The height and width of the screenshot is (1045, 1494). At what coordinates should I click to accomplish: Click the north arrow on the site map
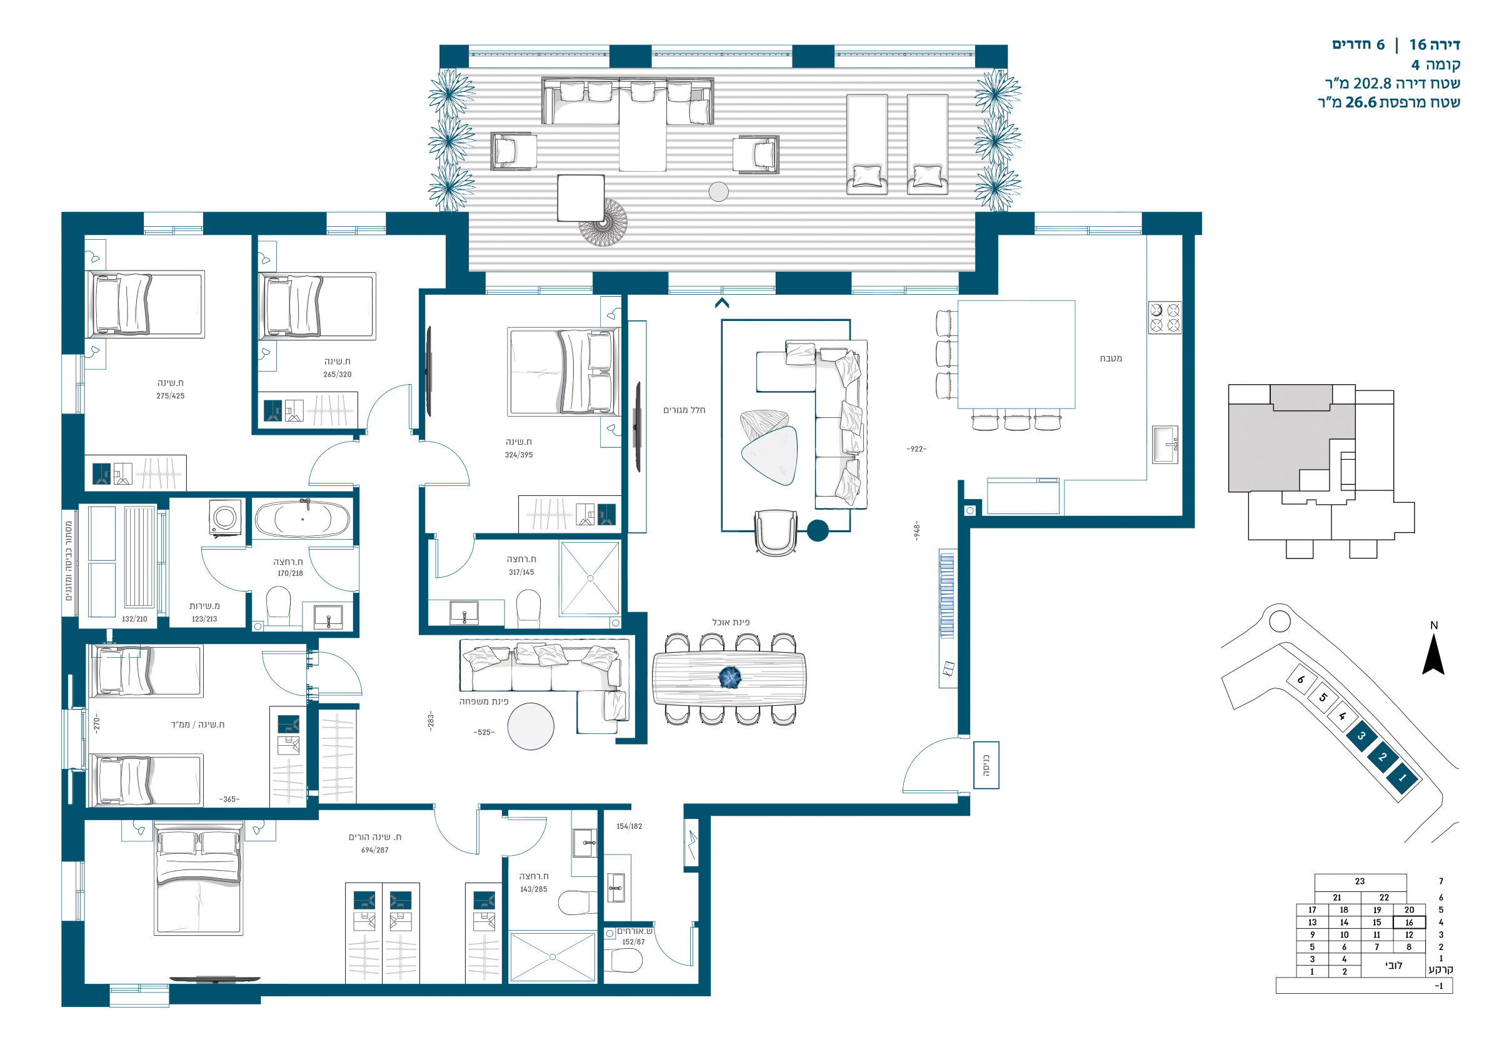[x=1433, y=655]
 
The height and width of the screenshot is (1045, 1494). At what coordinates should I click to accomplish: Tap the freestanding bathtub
[x=302, y=518]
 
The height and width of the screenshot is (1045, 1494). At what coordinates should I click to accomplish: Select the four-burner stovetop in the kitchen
[x=1165, y=317]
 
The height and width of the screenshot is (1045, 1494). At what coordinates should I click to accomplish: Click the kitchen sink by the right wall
[x=1165, y=444]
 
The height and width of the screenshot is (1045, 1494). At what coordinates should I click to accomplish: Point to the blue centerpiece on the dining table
[x=729, y=677]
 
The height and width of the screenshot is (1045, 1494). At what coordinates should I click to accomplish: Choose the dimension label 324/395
[x=519, y=455]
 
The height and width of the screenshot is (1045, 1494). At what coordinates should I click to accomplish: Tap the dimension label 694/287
[x=375, y=850]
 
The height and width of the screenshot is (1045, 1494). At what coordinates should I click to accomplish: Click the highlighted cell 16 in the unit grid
[x=1409, y=922]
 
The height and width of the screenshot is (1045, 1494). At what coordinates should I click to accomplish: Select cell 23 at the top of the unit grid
[x=1360, y=882]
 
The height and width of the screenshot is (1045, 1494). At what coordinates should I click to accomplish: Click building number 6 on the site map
[x=1301, y=680]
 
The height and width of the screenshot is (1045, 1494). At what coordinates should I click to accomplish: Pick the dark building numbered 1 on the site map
[x=1402, y=778]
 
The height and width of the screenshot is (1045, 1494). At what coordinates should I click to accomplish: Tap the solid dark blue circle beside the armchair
[x=818, y=531]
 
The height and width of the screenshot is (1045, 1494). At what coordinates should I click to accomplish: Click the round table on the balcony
[x=718, y=192]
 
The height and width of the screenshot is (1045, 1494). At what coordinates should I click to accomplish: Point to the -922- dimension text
[x=916, y=449]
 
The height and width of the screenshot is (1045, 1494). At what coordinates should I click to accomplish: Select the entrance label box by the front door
[x=986, y=765]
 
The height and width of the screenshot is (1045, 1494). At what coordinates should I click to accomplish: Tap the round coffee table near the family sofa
[x=530, y=726]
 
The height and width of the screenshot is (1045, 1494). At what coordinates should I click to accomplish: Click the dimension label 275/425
[x=171, y=396]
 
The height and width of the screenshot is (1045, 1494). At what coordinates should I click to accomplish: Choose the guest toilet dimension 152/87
[x=633, y=941]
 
